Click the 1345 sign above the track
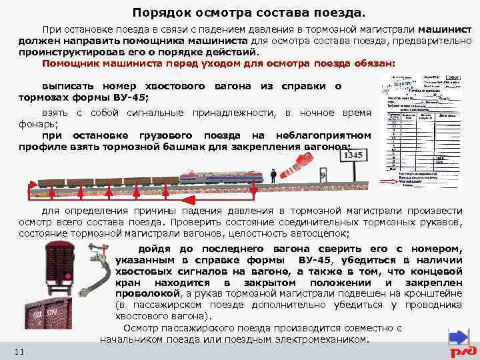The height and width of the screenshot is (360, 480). click(354, 156)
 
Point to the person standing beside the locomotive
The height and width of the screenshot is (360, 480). click(273, 175)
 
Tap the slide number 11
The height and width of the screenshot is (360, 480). click(19, 351)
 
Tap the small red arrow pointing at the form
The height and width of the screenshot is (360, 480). click(388, 181)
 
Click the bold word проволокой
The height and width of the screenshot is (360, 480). click(147, 293)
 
